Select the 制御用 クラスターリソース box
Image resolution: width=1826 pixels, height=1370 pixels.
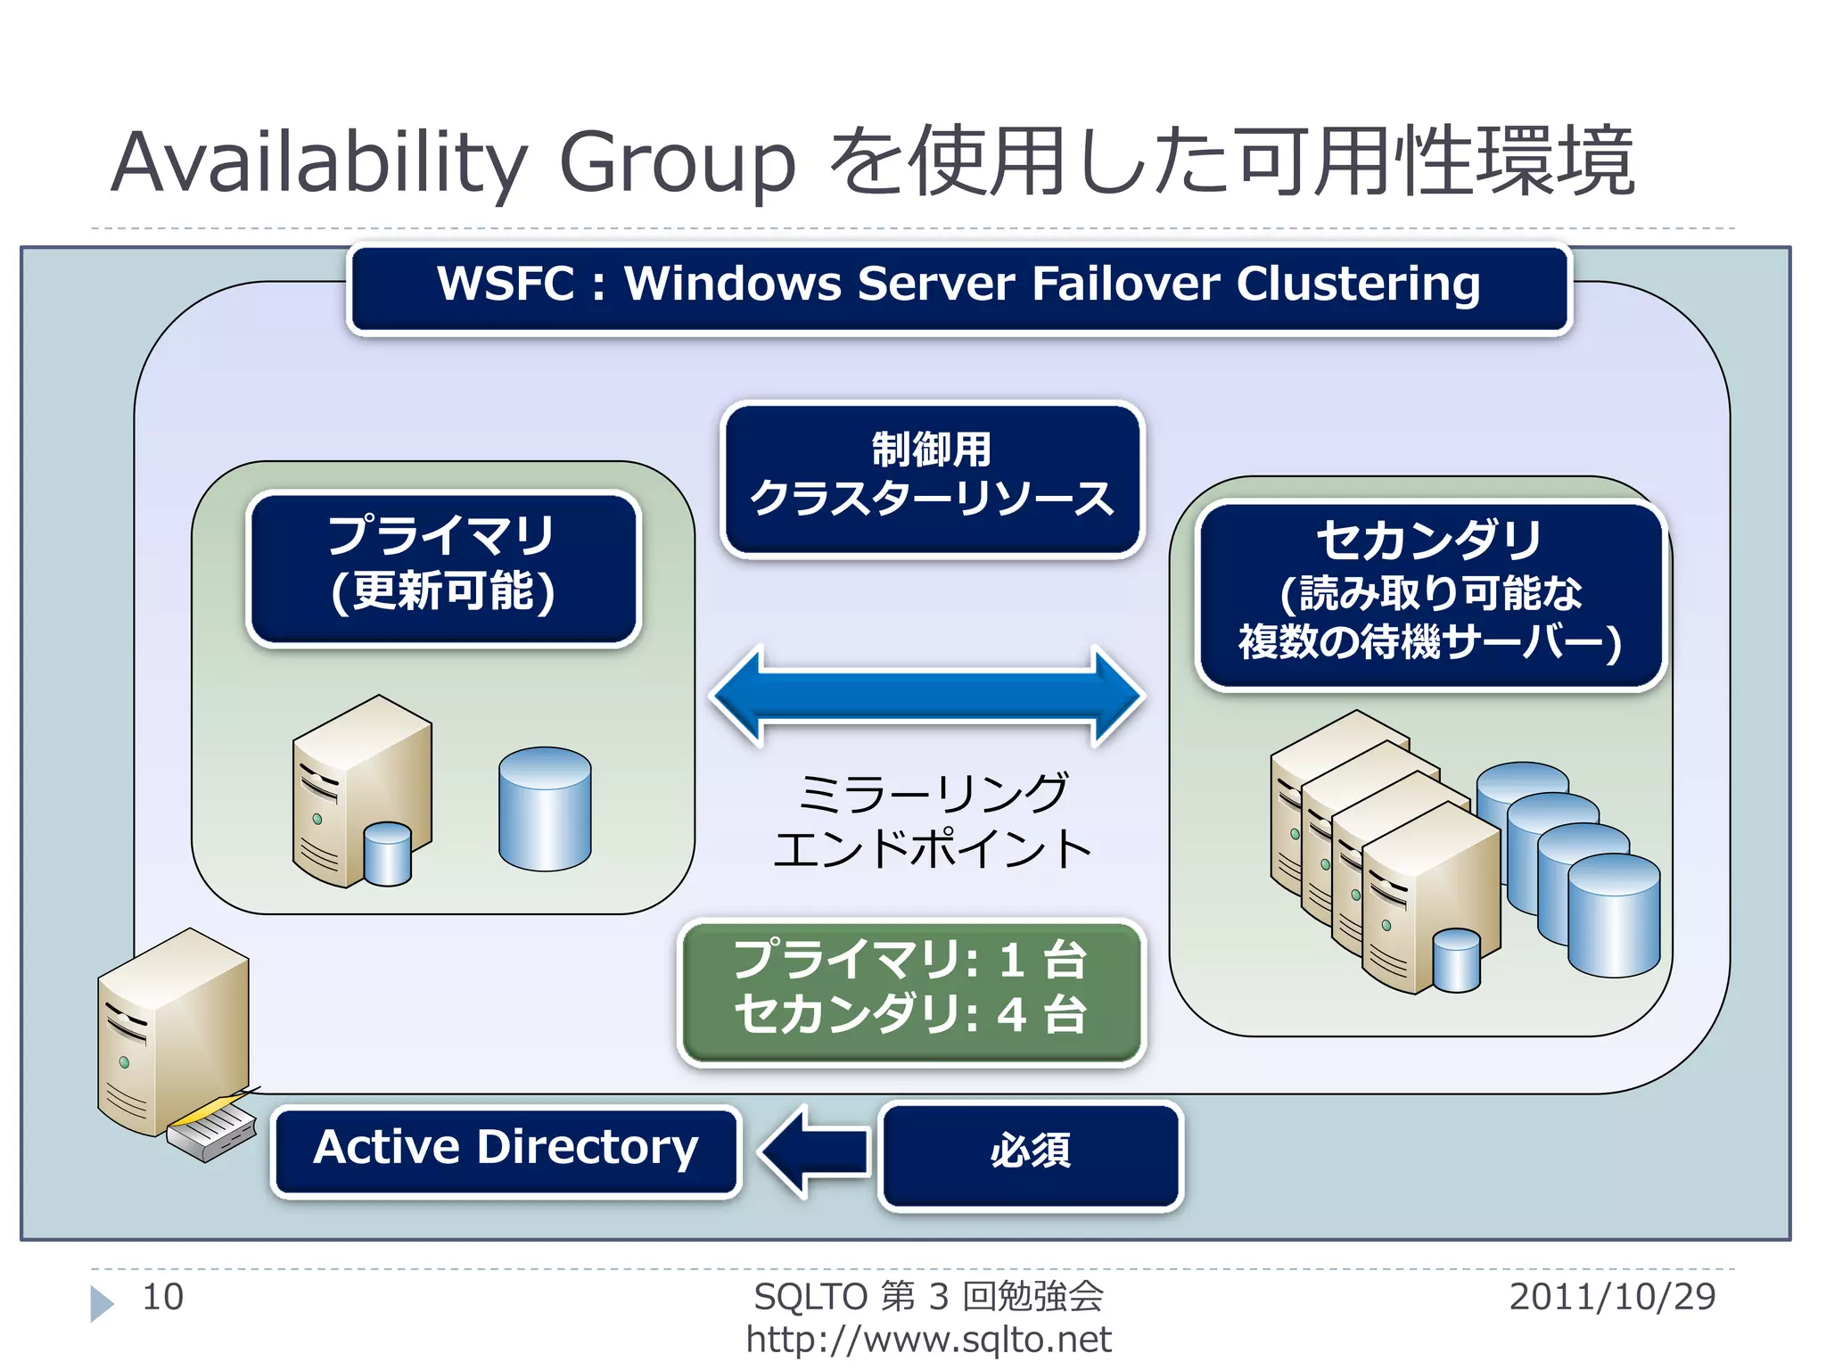click(932, 478)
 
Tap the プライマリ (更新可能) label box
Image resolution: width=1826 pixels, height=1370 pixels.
click(443, 567)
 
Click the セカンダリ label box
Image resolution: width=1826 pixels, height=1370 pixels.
click(1429, 594)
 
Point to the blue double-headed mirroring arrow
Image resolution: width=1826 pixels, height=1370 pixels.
click(927, 696)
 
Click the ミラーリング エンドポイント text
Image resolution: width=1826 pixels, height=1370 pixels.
click(932, 821)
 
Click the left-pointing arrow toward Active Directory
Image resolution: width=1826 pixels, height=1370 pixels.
click(813, 1151)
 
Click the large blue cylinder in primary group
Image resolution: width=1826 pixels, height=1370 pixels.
click(545, 809)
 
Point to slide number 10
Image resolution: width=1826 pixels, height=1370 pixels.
click(163, 1297)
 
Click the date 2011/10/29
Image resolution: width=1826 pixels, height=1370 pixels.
click(1612, 1297)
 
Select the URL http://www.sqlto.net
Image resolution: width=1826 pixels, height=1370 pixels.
click(928, 1340)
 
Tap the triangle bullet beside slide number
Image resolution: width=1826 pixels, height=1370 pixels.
click(102, 1303)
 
